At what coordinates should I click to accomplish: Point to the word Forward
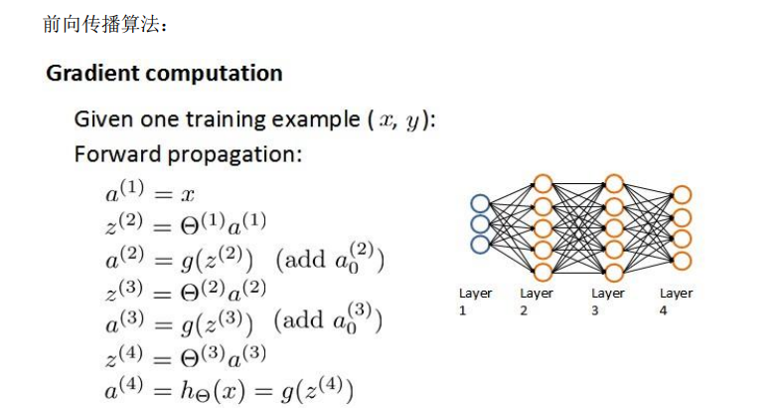click(x=114, y=156)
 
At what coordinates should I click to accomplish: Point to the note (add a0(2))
click(x=329, y=261)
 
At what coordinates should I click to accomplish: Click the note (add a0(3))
click(x=329, y=325)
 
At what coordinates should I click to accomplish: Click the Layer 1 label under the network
click(x=475, y=301)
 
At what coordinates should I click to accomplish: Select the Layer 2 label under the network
click(x=537, y=301)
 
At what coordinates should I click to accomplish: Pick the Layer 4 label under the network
click(x=677, y=301)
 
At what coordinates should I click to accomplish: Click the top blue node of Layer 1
click(x=481, y=203)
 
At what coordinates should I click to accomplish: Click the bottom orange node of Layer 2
click(x=543, y=272)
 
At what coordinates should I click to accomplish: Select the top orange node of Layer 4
click(x=682, y=195)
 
